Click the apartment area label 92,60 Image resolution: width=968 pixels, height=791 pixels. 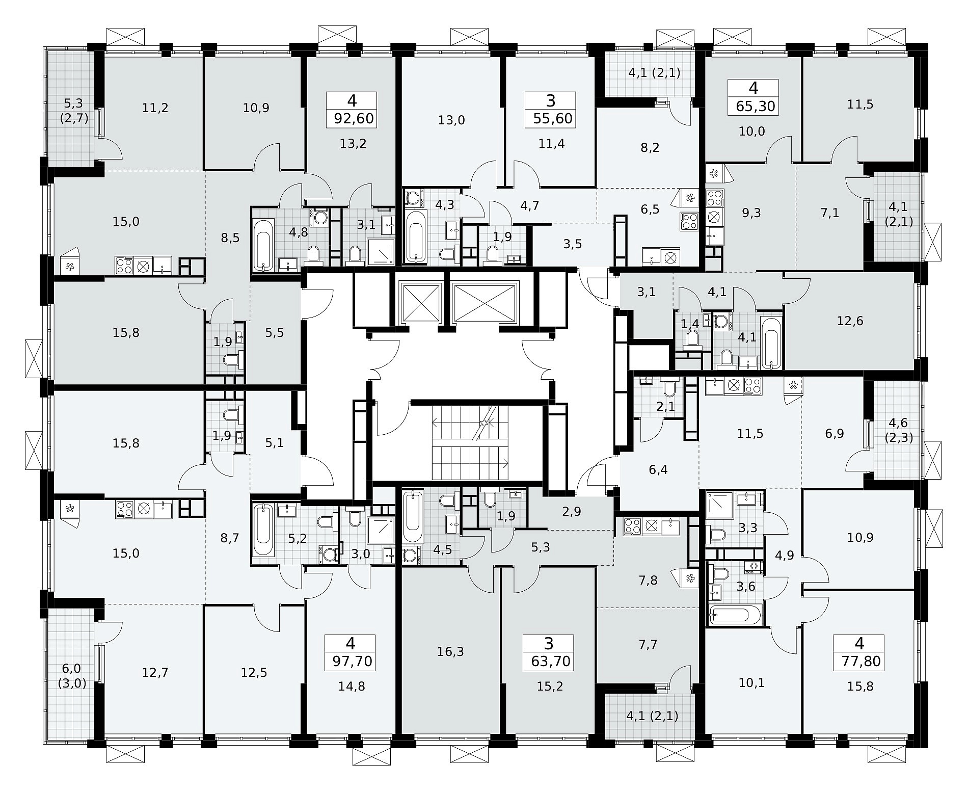pyautogui.click(x=354, y=119)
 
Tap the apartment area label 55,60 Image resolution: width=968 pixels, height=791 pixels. pyautogui.click(x=553, y=119)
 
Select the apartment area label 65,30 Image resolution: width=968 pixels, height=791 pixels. pyautogui.click(x=756, y=107)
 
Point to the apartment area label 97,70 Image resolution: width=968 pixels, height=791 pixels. pyautogui.click(x=353, y=662)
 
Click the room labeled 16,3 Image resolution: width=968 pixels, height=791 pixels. pyautogui.click(x=450, y=651)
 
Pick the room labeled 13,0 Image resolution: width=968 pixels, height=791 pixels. pyautogui.click(x=451, y=120)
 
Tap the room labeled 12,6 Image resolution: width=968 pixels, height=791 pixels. pyautogui.click(x=850, y=321)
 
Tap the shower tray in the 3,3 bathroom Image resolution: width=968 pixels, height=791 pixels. pyautogui.click(x=719, y=506)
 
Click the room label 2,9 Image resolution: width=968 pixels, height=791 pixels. pyautogui.click(x=572, y=512)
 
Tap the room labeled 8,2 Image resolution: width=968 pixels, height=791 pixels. pyautogui.click(x=650, y=148)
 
